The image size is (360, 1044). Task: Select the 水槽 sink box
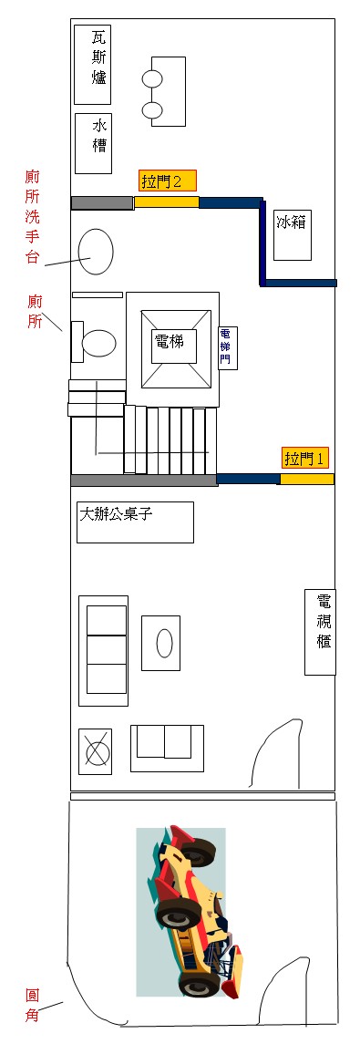[x=93, y=143]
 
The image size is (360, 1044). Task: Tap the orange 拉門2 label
[x=167, y=181]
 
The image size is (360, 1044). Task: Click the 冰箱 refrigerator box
[x=293, y=234]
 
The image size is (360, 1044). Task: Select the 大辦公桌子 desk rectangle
[x=135, y=522]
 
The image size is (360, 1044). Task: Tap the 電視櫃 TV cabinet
[x=320, y=631]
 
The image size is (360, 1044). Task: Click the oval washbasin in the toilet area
[x=95, y=251]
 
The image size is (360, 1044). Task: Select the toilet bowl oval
[x=98, y=343]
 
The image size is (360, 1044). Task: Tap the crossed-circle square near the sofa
[x=96, y=752]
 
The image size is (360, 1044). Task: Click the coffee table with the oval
[x=161, y=643]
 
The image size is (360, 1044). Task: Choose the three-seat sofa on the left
[x=104, y=650]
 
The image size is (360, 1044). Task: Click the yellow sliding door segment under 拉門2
[x=166, y=202]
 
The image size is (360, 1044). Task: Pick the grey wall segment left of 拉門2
[x=102, y=202]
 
